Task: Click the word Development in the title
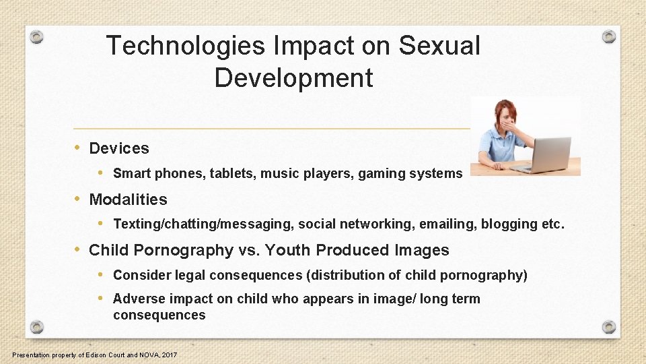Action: click(x=293, y=78)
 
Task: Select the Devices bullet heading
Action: click(x=119, y=148)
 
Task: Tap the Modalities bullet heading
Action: click(x=128, y=200)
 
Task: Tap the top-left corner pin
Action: click(x=37, y=36)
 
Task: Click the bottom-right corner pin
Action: click(x=608, y=327)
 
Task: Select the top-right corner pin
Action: click(x=608, y=36)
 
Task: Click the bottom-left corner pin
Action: click(x=37, y=327)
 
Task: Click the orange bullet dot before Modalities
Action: click(x=78, y=199)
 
